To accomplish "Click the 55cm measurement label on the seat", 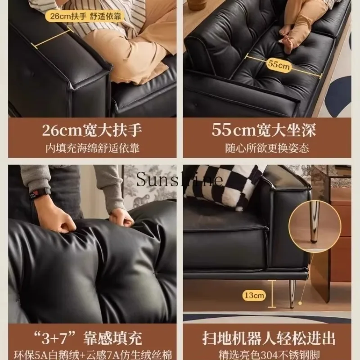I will point(279,64).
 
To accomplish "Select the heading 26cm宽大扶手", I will point(92,130).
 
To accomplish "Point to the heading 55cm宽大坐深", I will point(264,130).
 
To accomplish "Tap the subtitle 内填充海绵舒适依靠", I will point(92,148).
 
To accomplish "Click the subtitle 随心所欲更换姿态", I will point(266,148).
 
